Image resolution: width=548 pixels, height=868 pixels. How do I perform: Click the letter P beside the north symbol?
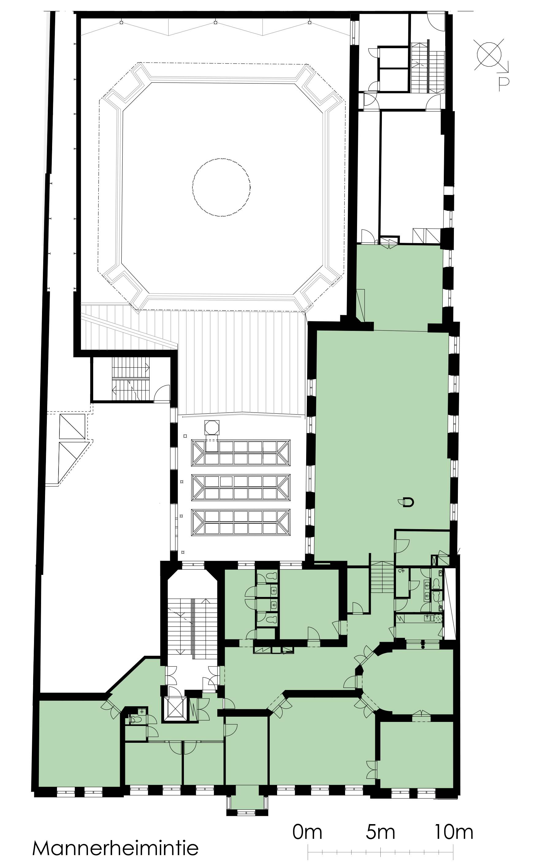tap(503, 84)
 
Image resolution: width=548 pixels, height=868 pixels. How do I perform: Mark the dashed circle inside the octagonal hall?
tap(221, 188)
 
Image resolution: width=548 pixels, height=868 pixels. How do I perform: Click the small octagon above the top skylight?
tap(212, 428)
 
